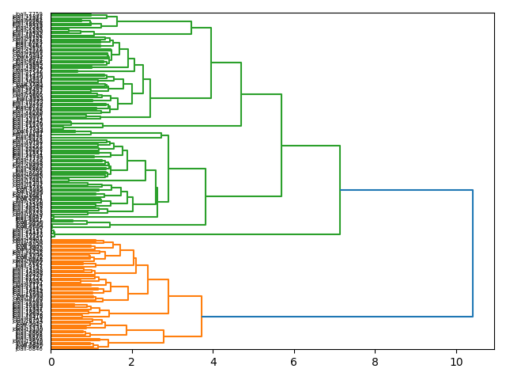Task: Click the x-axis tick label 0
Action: click(x=51, y=363)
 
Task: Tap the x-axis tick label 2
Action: click(x=132, y=363)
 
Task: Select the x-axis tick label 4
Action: click(x=213, y=363)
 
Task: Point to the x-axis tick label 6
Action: click(x=294, y=363)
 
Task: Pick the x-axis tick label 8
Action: click(x=376, y=363)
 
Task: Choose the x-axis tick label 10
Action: click(x=456, y=363)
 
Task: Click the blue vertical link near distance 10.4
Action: click(x=473, y=253)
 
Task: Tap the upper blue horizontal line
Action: click(x=406, y=190)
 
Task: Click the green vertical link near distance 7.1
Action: click(x=340, y=190)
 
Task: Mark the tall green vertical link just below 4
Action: click(x=211, y=63)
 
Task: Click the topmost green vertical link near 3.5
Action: click(x=191, y=28)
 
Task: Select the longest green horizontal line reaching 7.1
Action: click(x=198, y=234)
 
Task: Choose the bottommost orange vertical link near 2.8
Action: click(x=164, y=336)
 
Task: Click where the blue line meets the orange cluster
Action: click(x=202, y=317)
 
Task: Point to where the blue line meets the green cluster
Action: click(x=340, y=190)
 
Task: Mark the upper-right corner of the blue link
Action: click(x=473, y=190)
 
